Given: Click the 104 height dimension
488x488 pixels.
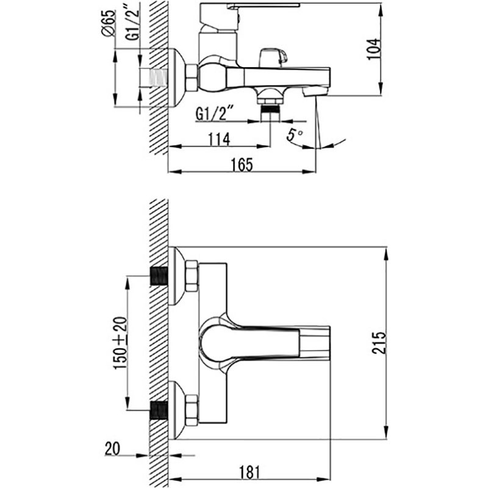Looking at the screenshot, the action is (x=373, y=49).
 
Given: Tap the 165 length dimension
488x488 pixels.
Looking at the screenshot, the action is (x=242, y=164).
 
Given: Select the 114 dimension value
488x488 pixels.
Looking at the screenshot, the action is (x=219, y=139).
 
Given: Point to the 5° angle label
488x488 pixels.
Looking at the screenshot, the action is (x=295, y=135).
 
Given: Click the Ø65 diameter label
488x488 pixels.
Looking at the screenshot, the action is (x=109, y=23).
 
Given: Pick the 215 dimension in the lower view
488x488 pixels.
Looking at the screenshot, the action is (x=379, y=343).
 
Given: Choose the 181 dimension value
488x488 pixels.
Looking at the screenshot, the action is (x=249, y=472).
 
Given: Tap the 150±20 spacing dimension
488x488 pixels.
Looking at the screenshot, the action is (x=120, y=343).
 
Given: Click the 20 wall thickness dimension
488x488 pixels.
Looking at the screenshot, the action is (x=112, y=449).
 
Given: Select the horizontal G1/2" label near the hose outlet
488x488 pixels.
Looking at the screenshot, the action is (x=215, y=114).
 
